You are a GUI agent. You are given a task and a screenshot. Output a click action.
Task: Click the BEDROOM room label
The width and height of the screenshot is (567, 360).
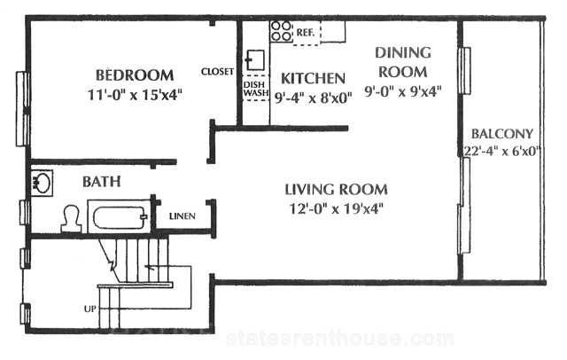tap(135, 75)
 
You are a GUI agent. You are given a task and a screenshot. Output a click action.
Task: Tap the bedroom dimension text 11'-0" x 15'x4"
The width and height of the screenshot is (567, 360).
tap(135, 95)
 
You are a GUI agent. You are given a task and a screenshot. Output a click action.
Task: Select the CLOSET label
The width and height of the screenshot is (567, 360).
tap(218, 72)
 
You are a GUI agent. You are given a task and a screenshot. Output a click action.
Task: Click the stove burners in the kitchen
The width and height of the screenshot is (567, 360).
tap(282, 31)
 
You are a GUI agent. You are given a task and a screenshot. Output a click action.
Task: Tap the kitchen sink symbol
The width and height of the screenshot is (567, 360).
tap(255, 60)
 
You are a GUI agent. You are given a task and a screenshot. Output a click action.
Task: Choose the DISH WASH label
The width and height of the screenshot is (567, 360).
tap(256, 89)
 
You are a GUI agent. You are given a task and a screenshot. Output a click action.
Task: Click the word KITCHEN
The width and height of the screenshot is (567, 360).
tap(313, 79)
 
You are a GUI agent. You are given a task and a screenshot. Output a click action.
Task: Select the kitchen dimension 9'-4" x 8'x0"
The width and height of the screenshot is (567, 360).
tap(313, 98)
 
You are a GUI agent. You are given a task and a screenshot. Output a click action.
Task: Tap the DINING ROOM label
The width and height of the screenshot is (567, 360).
tap(403, 62)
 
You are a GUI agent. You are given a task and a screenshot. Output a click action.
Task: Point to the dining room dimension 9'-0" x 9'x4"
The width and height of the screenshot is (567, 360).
tap(403, 91)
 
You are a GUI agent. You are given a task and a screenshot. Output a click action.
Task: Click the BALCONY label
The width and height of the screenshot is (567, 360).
tap(502, 134)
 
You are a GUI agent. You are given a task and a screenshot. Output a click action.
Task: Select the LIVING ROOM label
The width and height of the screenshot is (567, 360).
tap(337, 190)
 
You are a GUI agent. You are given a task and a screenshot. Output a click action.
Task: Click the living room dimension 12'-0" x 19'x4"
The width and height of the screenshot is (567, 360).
tap(337, 208)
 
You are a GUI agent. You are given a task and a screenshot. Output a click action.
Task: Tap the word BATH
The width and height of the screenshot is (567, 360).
tap(102, 181)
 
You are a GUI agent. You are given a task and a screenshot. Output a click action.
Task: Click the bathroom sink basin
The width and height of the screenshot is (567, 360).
tap(42, 183)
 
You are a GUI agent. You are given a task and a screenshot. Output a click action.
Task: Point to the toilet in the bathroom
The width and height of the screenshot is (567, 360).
tap(71, 218)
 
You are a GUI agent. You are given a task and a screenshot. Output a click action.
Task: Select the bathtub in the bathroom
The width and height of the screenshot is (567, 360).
tap(120, 216)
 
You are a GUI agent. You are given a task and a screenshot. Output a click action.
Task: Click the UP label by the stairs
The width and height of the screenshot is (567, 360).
tap(90, 309)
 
